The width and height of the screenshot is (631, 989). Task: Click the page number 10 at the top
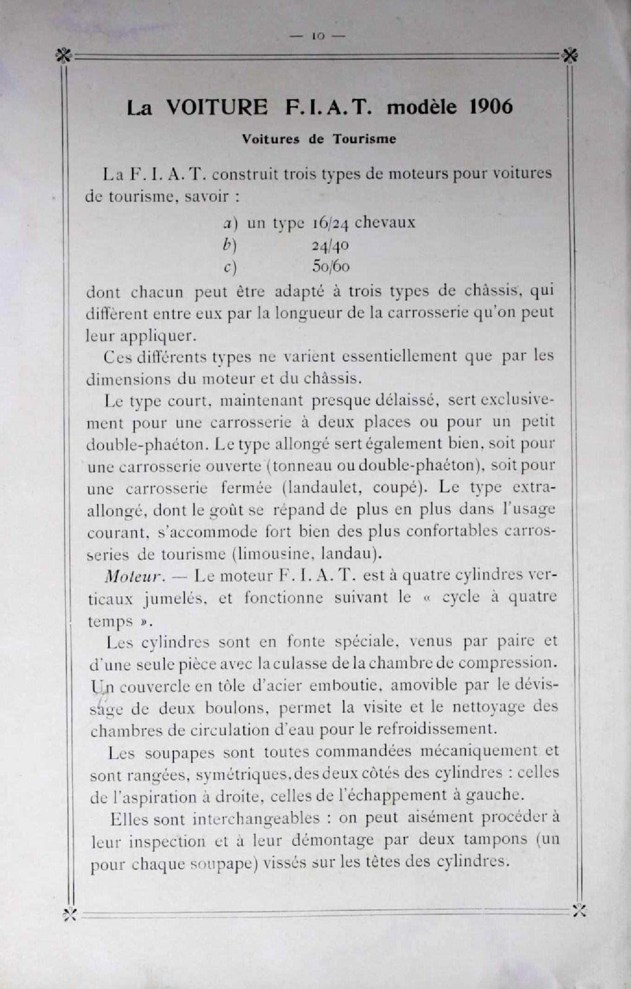click(318, 36)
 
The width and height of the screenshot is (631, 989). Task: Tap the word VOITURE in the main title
click(217, 108)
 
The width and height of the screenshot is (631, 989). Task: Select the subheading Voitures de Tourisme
click(319, 139)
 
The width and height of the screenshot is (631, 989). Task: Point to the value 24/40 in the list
click(330, 245)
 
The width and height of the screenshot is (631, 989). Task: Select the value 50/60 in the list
click(331, 267)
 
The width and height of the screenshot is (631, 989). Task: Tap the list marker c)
click(230, 268)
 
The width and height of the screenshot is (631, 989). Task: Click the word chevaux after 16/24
click(384, 223)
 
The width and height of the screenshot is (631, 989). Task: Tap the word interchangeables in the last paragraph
click(256, 819)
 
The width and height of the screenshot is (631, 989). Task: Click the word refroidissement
click(436, 729)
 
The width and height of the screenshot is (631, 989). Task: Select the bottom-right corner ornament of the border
click(579, 910)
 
